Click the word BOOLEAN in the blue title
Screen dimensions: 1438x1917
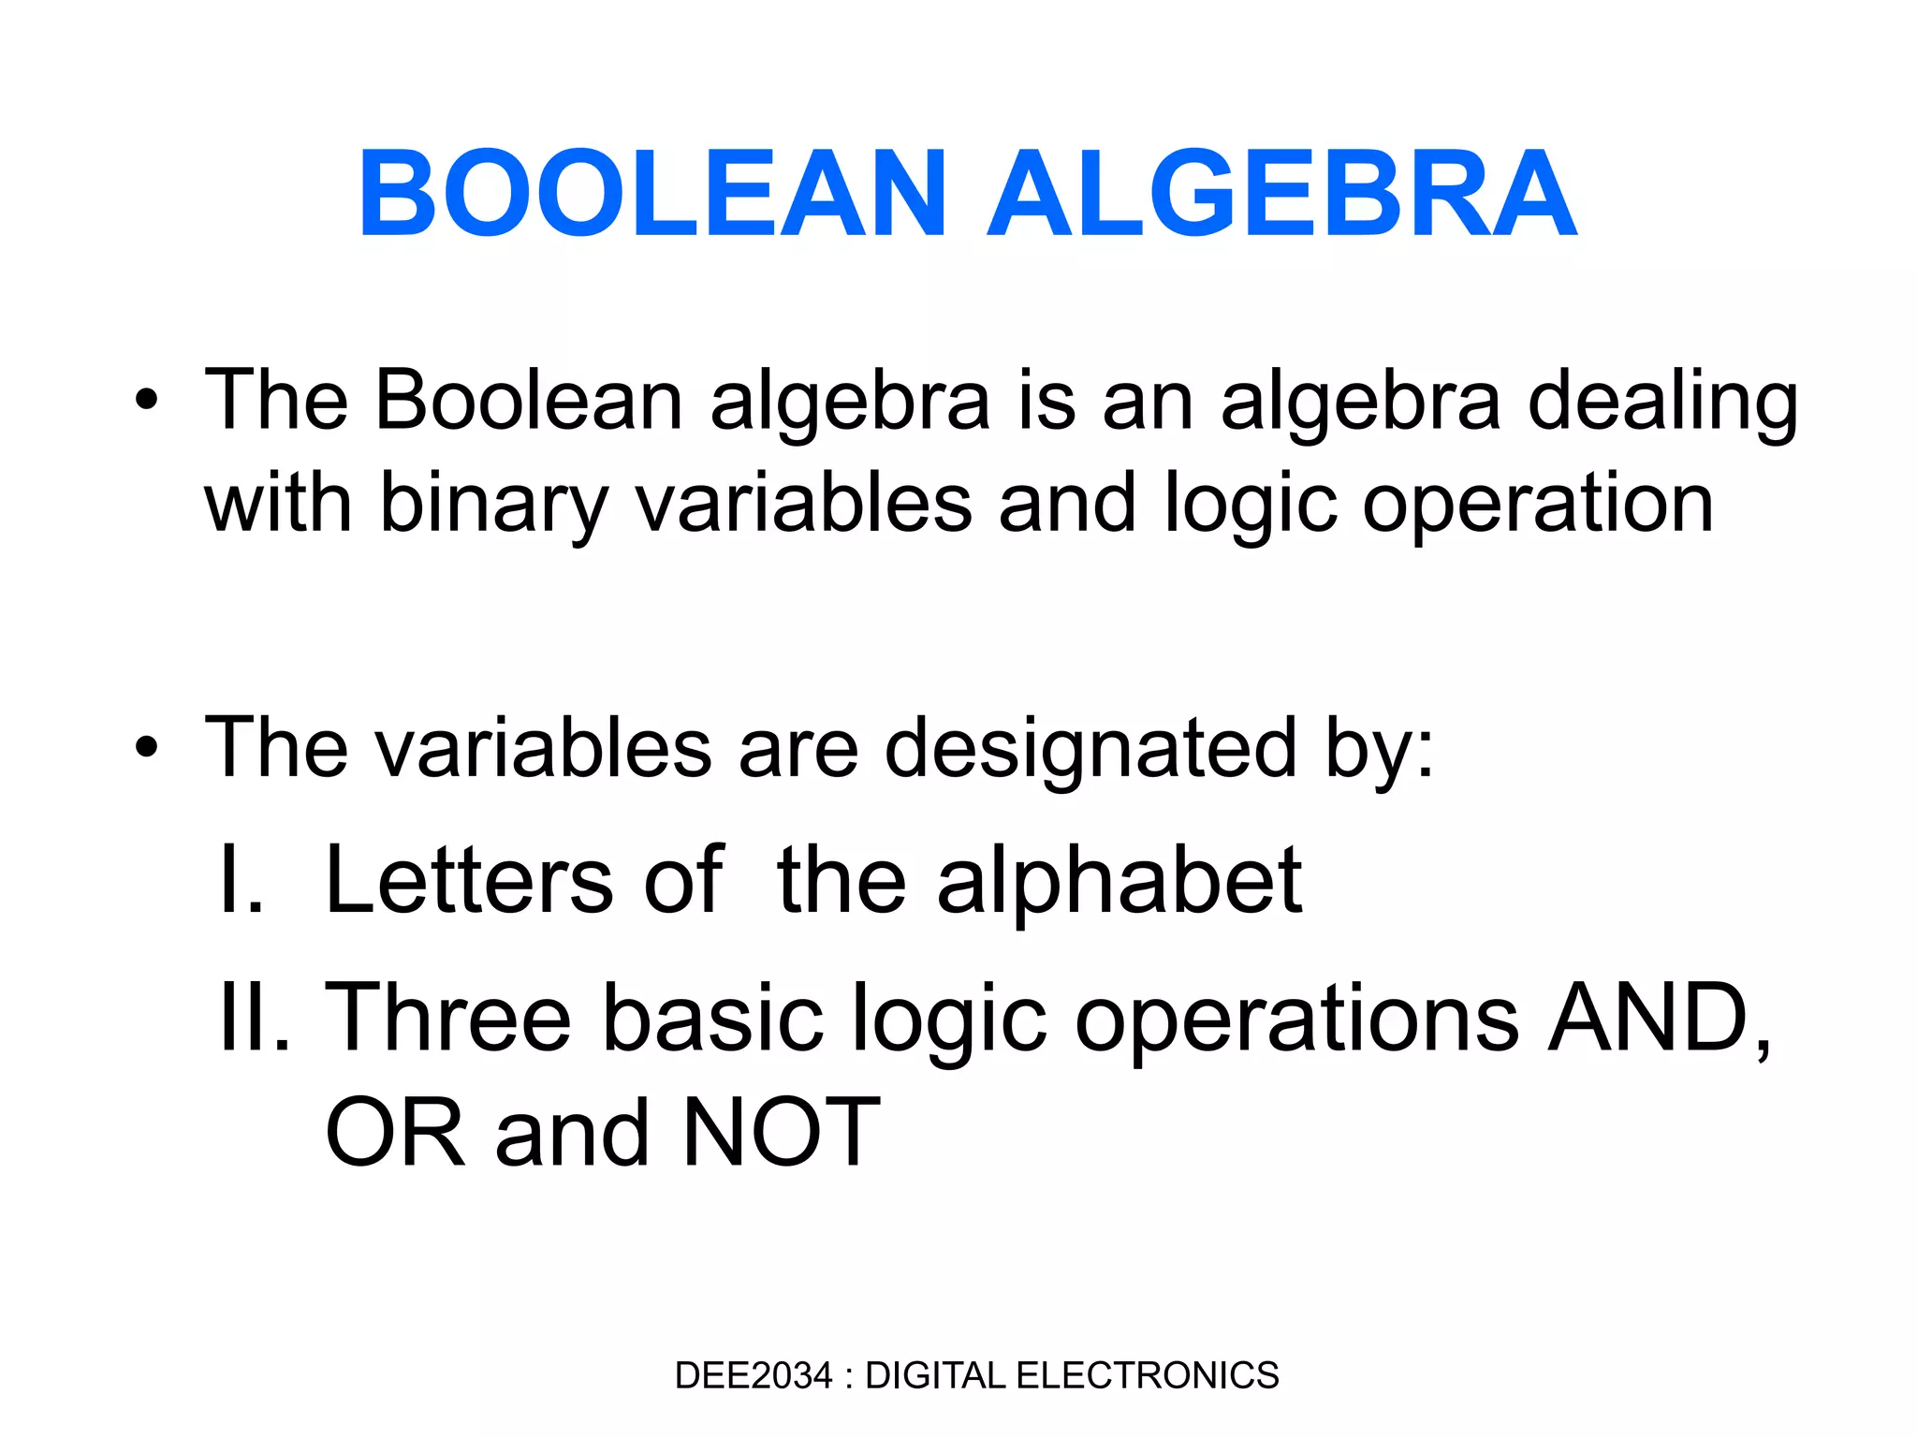(x=652, y=194)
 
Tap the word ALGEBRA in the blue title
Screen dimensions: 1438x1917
(x=1282, y=194)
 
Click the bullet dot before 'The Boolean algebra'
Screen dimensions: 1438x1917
(x=146, y=401)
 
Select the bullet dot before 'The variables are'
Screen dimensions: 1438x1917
(x=146, y=748)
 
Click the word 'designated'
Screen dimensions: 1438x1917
(x=1090, y=748)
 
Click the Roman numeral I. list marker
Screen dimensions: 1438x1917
(x=241, y=880)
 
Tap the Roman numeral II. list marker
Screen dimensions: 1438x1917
(x=255, y=1018)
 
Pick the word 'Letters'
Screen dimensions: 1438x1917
(x=468, y=880)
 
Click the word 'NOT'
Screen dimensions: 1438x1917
(x=782, y=1134)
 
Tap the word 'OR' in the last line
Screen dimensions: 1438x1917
(x=395, y=1134)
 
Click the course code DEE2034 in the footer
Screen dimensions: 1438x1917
(x=753, y=1375)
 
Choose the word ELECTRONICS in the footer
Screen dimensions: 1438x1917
(x=1147, y=1375)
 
